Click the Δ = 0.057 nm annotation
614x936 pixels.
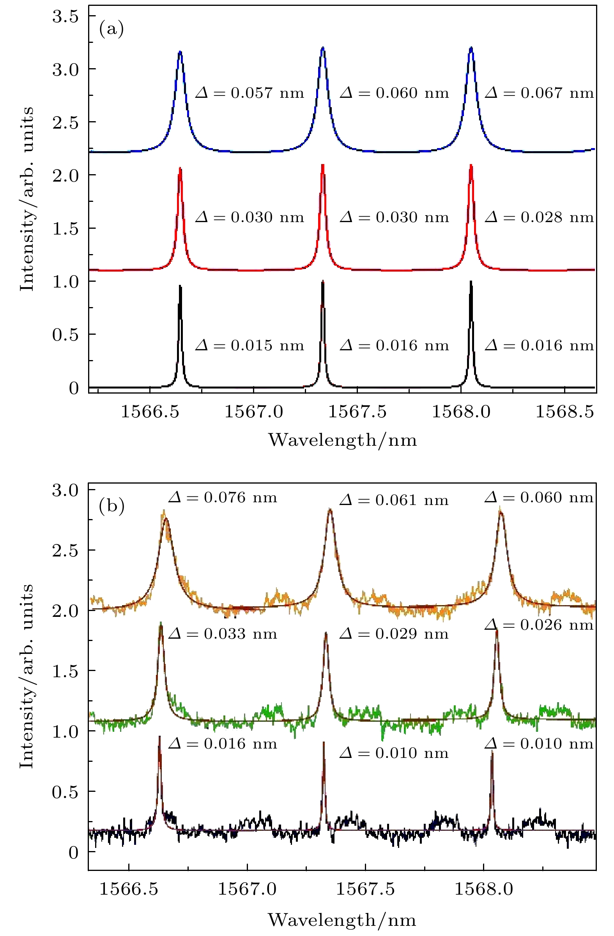coord(249,93)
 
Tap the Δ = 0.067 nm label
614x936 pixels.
coord(539,93)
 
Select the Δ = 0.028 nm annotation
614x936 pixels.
coord(539,217)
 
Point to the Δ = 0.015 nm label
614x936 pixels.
coord(249,345)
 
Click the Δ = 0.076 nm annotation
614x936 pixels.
coord(223,498)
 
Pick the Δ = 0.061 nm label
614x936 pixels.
coord(394,500)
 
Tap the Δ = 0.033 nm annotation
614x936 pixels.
coord(223,634)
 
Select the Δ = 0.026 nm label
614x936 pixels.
coord(539,625)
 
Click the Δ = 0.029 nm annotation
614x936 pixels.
coord(394,634)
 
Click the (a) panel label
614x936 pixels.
coord(111,30)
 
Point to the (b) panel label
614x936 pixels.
coord(112,506)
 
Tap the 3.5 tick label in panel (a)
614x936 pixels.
coord(65,16)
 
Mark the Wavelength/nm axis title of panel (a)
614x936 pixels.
coord(342,440)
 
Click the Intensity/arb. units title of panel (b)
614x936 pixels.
coord(27,676)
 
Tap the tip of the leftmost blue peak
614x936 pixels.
coord(180,51)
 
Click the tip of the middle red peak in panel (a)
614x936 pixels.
coord(323,165)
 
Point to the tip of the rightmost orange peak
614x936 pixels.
coord(500,511)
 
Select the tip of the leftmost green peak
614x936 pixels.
coord(161,624)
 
